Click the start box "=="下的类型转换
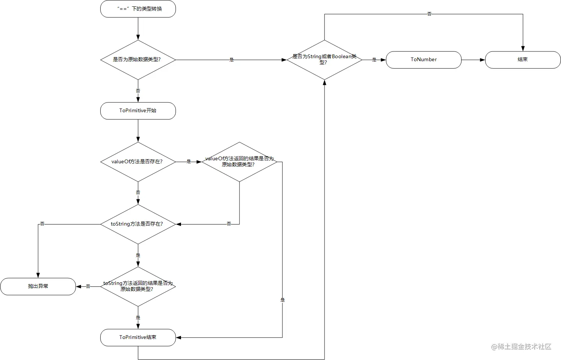point(138,9)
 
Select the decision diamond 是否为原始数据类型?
point(138,60)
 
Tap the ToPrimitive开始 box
point(138,111)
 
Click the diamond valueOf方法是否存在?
point(138,162)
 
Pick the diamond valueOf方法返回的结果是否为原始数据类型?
point(240,162)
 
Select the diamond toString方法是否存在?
point(138,224)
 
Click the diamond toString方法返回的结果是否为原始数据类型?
point(138,286)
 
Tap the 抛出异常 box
point(38,286)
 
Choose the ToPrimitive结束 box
point(138,337)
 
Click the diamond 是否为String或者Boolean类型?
point(324,60)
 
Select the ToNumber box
point(424,60)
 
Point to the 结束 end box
point(523,60)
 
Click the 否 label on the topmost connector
point(429,14)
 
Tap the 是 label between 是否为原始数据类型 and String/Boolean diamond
point(231,60)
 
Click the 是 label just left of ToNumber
point(374,60)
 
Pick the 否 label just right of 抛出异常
point(88,286)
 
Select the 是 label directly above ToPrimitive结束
point(138,318)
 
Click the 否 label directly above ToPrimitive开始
point(138,90)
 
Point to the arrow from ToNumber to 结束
point(473,60)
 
